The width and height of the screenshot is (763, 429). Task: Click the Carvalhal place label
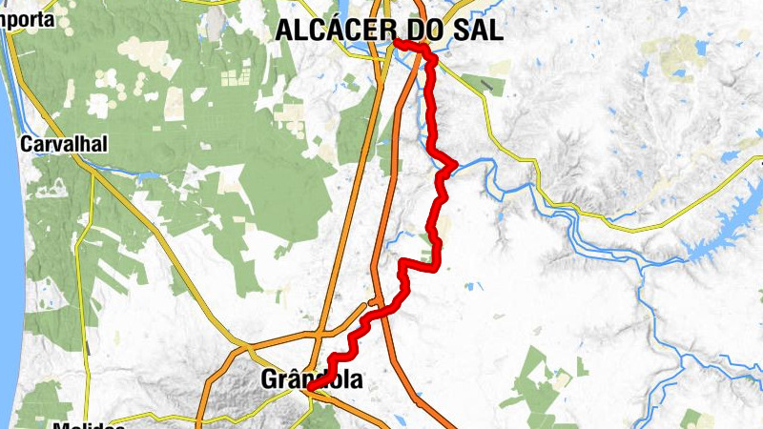click(63, 145)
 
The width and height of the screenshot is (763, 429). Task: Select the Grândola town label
click(311, 380)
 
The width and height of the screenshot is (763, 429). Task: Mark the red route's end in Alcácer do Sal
click(396, 43)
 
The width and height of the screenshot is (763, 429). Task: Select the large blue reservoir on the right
click(725, 229)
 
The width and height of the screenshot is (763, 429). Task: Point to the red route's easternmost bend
click(455, 163)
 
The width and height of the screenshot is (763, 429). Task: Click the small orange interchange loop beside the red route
click(366, 307)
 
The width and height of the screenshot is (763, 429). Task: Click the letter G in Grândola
click(268, 380)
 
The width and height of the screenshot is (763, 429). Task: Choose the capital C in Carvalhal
click(27, 145)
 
